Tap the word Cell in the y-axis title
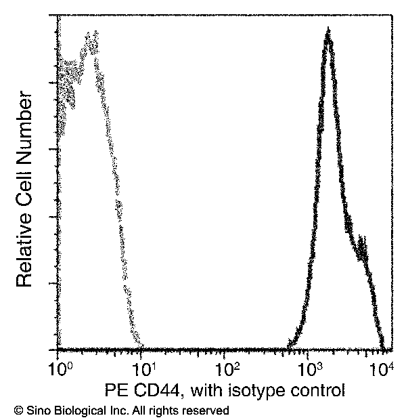pos(25,189)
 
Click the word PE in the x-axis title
pos(117,391)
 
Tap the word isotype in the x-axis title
pos(258,391)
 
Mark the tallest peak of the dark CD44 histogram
pos(328,32)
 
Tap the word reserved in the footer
pos(208,411)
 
